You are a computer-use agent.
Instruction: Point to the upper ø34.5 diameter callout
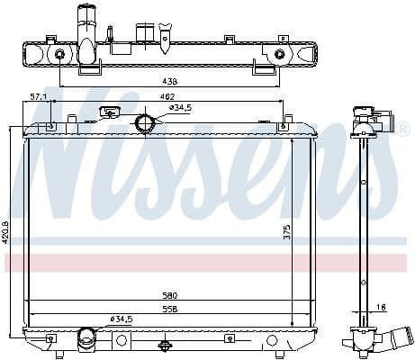181,108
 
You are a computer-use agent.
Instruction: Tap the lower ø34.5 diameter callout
122,318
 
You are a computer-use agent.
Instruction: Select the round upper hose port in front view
143,123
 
